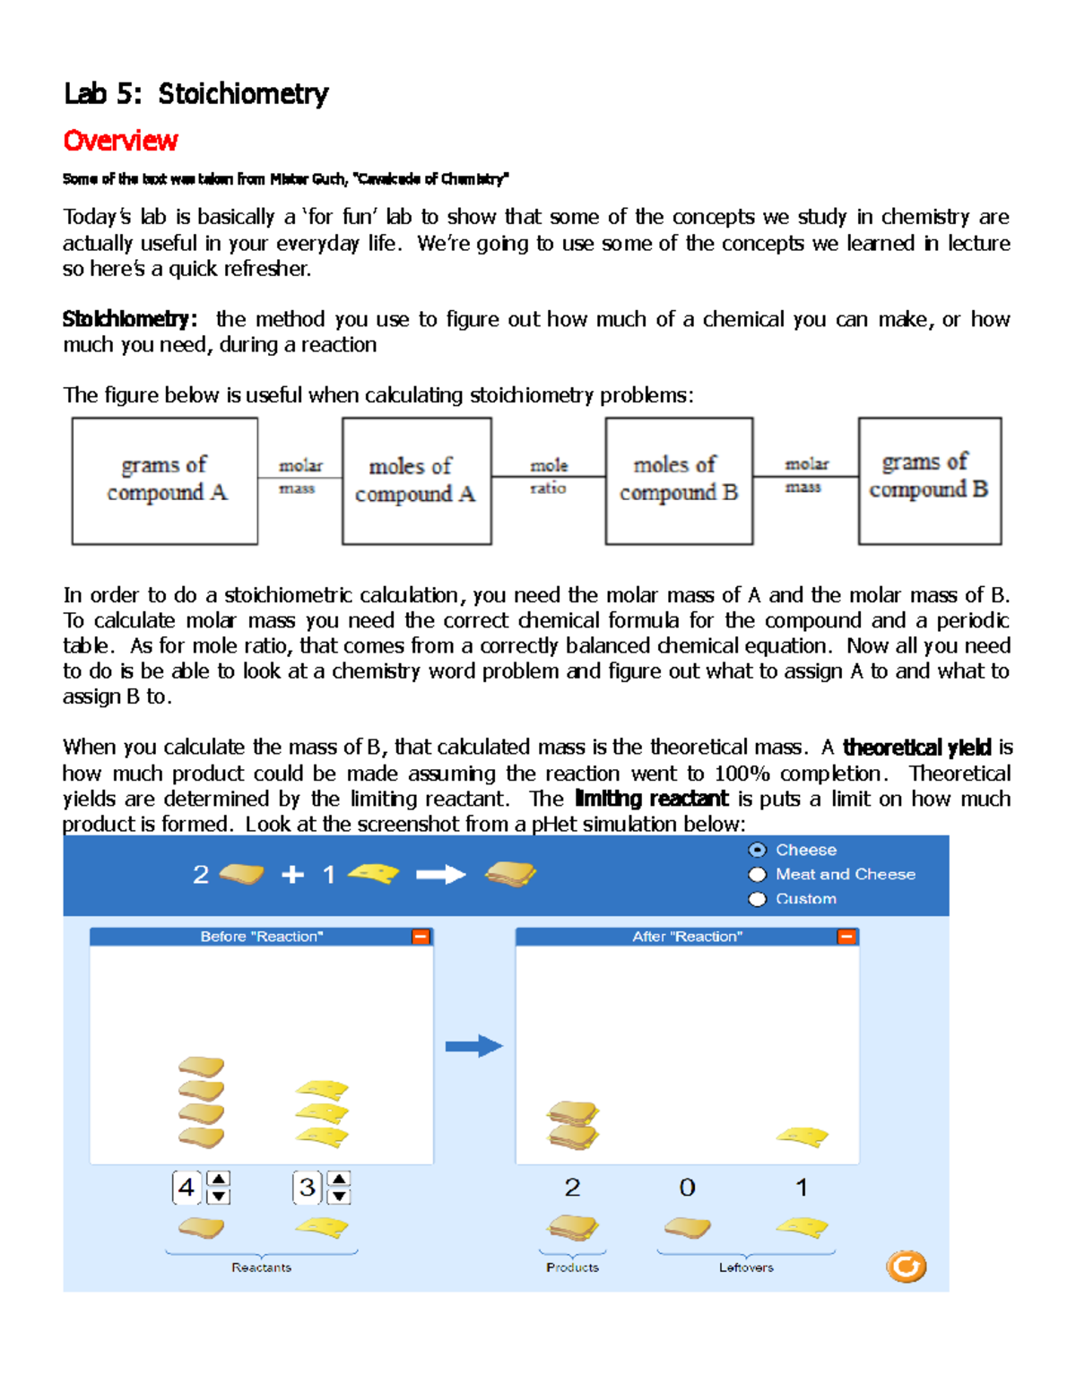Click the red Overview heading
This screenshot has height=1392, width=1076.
click(120, 141)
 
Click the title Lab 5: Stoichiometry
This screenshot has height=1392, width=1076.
click(195, 93)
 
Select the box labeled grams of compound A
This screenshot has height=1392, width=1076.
click(165, 480)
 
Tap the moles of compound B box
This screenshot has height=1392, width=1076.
click(679, 480)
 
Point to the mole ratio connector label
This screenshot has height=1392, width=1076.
click(548, 477)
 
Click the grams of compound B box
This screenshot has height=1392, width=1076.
click(929, 480)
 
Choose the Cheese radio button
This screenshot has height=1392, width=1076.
click(758, 850)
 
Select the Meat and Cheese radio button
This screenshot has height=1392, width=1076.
click(758, 874)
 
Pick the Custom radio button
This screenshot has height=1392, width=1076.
click(758, 898)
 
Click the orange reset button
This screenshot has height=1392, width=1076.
click(906, 1267)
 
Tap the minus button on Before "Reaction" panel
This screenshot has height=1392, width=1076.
click(421, 937)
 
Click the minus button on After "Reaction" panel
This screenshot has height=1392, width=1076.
click(846, 937)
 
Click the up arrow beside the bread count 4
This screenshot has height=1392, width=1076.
click(219, 1179)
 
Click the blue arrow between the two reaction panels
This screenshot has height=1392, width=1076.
click(474, 1046)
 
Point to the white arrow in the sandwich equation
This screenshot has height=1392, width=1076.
click(440, 875)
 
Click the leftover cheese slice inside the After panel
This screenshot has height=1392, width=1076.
click(803, 1137)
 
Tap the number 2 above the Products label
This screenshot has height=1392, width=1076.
click(572, 1188)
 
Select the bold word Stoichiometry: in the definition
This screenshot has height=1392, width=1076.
click(129, 319)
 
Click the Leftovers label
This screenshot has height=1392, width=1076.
click(746, 1267)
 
